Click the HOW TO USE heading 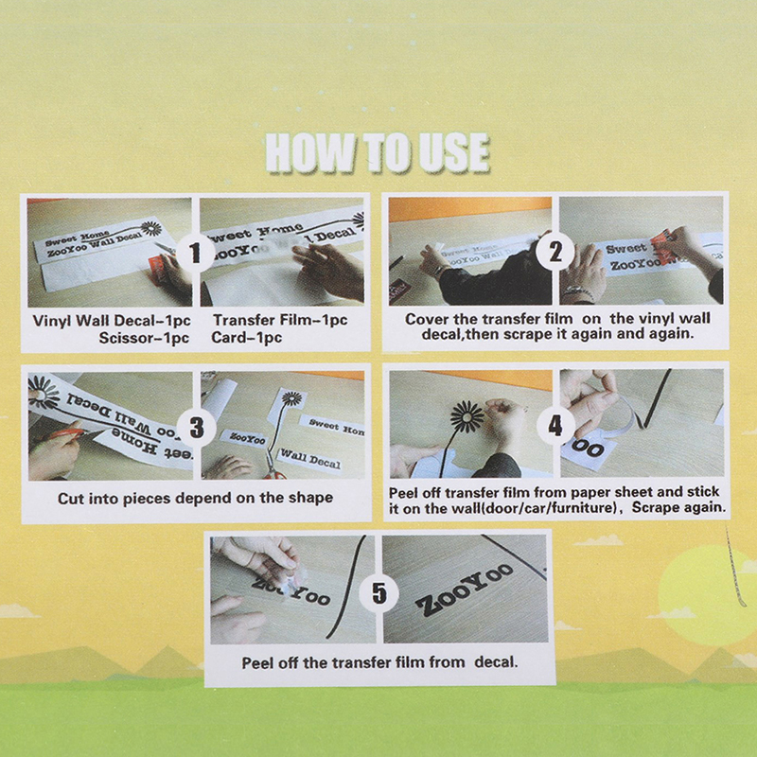tap(378, 152)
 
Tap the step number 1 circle tap(195, 252)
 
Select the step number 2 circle tap(555, 251)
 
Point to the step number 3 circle tap(196, 427)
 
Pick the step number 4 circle tap(555, 425)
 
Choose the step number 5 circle tap(379, 592)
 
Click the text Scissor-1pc tap(144, 338)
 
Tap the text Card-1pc tap(246, 337)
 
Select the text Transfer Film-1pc tap(280, 320)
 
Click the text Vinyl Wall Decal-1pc tap(112, 321)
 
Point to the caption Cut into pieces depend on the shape tap(195, 498)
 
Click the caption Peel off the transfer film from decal tap(379, 661)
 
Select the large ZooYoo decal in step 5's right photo tap(465, 590)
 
